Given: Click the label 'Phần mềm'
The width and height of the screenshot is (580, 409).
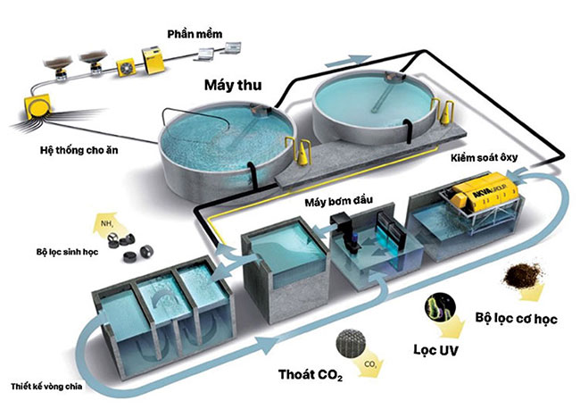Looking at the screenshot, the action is pos(195,34).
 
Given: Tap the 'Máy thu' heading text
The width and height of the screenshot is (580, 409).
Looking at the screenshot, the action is pos(233,85).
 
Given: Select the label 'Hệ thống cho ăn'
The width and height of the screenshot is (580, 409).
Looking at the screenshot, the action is pos(79,150).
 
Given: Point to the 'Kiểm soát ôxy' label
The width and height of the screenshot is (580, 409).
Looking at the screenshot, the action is pos(484,158).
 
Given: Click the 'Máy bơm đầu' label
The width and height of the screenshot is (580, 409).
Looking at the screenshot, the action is pos(338,201).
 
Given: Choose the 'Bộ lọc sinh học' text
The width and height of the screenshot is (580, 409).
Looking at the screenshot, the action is pos(67,252).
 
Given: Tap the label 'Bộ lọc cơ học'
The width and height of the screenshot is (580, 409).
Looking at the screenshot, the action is pos(516,318).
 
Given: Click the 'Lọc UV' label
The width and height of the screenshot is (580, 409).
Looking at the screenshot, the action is pos(435,350).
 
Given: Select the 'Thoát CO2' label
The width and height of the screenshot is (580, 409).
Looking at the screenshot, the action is pos(311,374).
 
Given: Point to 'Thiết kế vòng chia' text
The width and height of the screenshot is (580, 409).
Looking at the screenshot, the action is pos(46,387).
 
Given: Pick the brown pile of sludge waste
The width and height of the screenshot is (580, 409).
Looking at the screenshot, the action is pos(522,274).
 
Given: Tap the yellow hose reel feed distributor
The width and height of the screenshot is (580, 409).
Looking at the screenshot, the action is pos(37,106).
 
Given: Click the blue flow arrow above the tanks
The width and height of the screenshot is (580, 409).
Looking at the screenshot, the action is pos(348,61).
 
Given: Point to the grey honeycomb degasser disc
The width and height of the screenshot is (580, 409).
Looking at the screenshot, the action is pos(351,343).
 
